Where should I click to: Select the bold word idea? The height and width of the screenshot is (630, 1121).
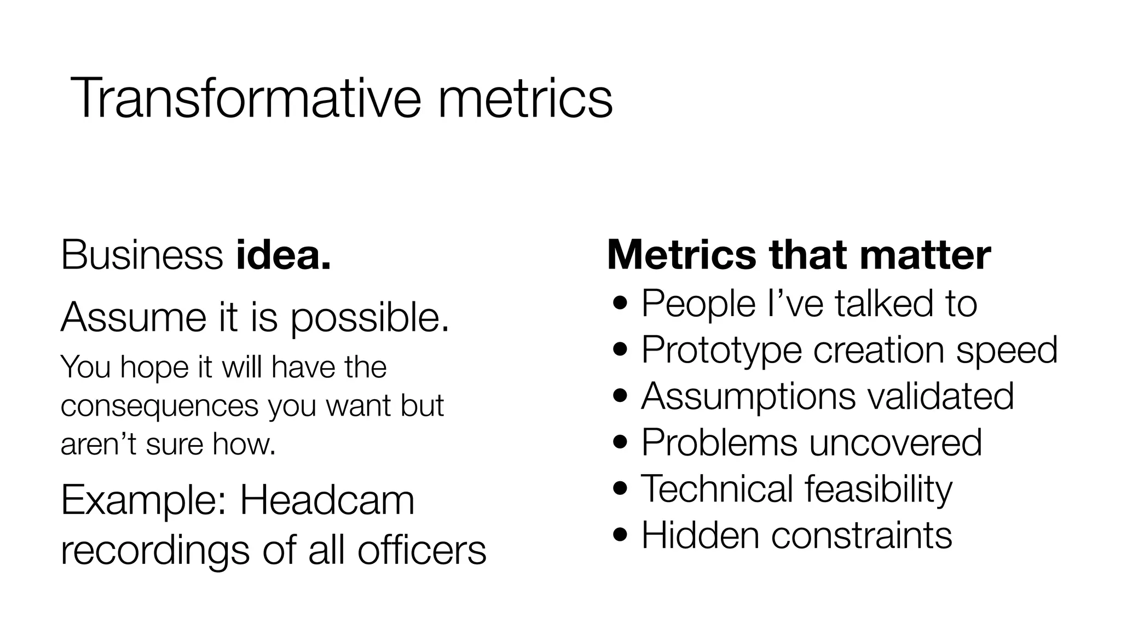(x=284, y=255)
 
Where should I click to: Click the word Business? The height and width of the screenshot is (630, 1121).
(x=142, y=255)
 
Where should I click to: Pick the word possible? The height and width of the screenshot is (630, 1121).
(x=369, y=318)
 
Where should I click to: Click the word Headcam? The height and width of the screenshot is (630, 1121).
(x=327, y=501)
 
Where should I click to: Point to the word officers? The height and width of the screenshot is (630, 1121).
(x=421, y=550)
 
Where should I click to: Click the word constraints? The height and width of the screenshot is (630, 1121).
(x=862, y=535)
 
